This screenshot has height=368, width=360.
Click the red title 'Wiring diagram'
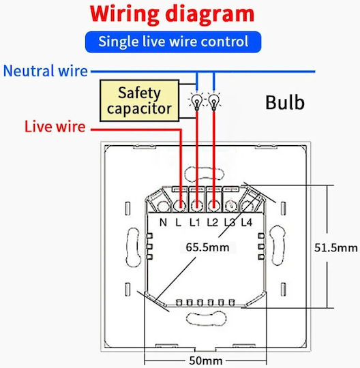[172, 14]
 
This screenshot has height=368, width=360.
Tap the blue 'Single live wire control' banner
[173, 42]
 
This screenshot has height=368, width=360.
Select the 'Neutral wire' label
[45, 71]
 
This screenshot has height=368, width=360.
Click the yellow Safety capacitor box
[140, 101]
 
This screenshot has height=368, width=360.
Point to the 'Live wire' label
[55, 127]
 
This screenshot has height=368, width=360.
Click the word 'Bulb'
[285, 102]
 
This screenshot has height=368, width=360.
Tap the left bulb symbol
[196, 102]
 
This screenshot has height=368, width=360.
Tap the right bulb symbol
[213, 102]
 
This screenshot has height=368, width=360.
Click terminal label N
[163, 222]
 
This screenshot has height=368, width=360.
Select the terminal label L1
[195, 222]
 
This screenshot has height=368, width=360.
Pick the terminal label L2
[213, 222]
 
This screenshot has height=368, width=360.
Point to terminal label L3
[230, 222]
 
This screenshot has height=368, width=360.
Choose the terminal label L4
[247, 222]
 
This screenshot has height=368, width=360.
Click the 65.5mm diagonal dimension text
[207, 247]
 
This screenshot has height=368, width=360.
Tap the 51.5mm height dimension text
[336, 248]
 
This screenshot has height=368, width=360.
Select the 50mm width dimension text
[206, 361]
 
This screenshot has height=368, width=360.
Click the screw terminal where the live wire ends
[180, 206]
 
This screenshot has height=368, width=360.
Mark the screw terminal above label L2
[213, 206]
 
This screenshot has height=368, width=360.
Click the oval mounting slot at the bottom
[207, 318]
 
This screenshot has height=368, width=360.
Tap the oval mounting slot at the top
[205, 174]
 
